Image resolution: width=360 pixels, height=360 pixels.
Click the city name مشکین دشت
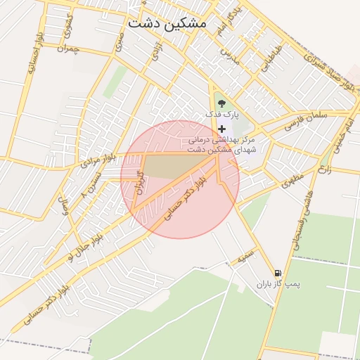coord(167,22)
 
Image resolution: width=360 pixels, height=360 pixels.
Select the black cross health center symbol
coord(222,128)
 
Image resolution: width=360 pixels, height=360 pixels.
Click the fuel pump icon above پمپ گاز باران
coord(278,273)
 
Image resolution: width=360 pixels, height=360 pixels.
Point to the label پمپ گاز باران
coord(277,285)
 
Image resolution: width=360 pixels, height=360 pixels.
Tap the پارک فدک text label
coord(223,113)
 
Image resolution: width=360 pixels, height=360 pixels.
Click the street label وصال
coord(65,207)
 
